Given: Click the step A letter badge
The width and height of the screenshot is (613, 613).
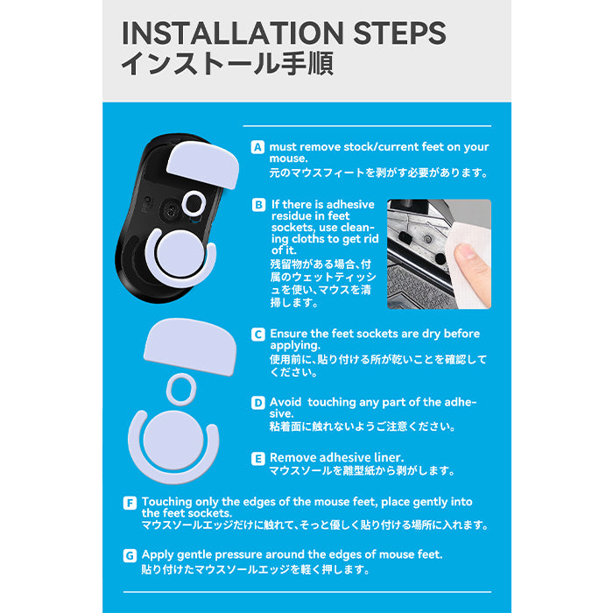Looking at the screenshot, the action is pyautogui.click(x=257, y=147).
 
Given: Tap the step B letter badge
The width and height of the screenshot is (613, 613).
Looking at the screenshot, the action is pyautogui.click(x=258, y=205).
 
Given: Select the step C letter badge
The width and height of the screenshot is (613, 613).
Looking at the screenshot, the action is pyautogui.click(x=258, y=335).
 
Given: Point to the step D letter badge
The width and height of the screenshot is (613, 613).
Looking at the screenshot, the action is pyautogui.click(x=258, y=403).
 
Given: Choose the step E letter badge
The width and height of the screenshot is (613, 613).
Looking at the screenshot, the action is pyautogui.click(x=258, y=459).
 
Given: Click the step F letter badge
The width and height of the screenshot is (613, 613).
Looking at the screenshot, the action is pyautogui.click(x=130, y=503).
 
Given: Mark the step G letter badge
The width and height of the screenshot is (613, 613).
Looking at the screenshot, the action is pyautogui.click(x=130, y=555).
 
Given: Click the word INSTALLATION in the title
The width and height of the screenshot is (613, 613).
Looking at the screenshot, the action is pyautogui.click(x=233, y=33).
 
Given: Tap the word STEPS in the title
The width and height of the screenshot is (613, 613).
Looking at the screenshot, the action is pyautogui.click(x=399, y=33).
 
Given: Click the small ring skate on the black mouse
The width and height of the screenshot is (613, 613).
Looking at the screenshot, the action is pyautogui.click(x=194, y=202).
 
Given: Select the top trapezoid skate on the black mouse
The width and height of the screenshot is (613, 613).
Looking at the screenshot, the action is pyautogui.click(x=203, y=165).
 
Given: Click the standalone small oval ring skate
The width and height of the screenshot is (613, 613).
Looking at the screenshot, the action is pyautogui.click(x=181, y=389).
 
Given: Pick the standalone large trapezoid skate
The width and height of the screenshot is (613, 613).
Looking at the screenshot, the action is pyautogui.click(x=190, y=347).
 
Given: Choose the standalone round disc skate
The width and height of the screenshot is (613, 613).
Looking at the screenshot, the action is pyautogui.click(x=173, y=440).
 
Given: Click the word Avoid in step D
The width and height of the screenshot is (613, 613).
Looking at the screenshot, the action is pyautogui.click(x=285, y=402).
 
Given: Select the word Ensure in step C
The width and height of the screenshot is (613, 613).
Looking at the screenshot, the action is pyautogui.click(x=288, y=334).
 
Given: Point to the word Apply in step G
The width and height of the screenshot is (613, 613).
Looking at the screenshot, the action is pyautogui.click(x=158, y=555).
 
